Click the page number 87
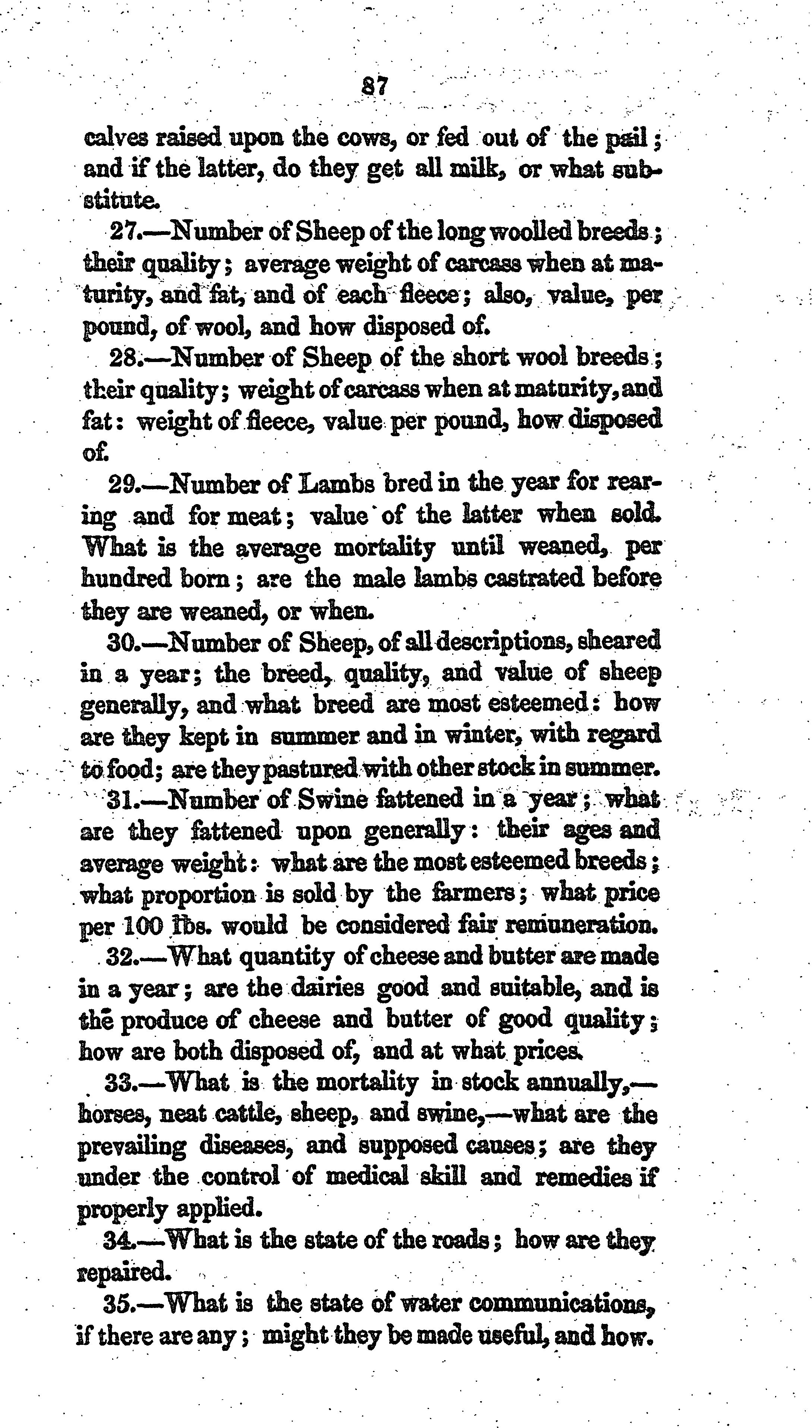pyautogui.click(x=374, y=87)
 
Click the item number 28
pyautogui.click(x=127, y=358)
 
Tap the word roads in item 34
pyautogui.click(x=463, y=1241)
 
